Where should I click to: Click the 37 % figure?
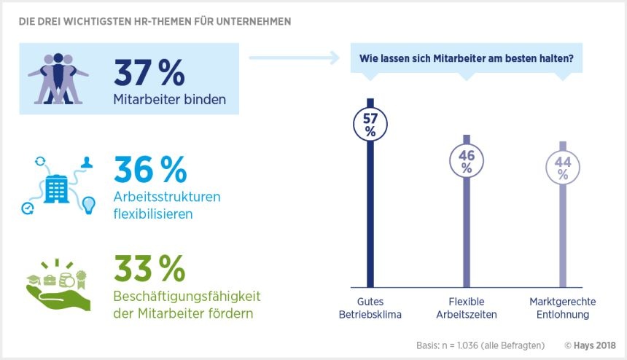click(x=150, y=73)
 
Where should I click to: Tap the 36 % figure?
click(x=150, y=171)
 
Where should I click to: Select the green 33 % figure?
click(x=150, y=269)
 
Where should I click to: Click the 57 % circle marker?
click(x=370, y=124)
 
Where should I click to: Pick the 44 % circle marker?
click(x=563, y=168)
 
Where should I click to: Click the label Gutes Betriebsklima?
click(x=370, y=308)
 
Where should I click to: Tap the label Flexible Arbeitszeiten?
click(x=467, y=308)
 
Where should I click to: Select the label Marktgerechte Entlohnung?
click(x=562, y=308)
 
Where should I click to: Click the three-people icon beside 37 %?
click(x=58, y=79)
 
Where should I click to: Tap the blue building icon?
click(x=57, y=187)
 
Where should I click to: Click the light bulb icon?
click(x=89, y=205)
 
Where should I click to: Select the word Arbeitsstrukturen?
click(x=166, y=198)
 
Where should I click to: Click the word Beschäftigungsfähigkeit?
click(x=187, y=297)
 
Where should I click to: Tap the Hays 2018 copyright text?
click(x=590, y=345)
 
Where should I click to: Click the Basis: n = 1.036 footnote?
click(x=478, y=345)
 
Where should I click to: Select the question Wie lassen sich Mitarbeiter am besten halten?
click(x=467, y=58)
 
